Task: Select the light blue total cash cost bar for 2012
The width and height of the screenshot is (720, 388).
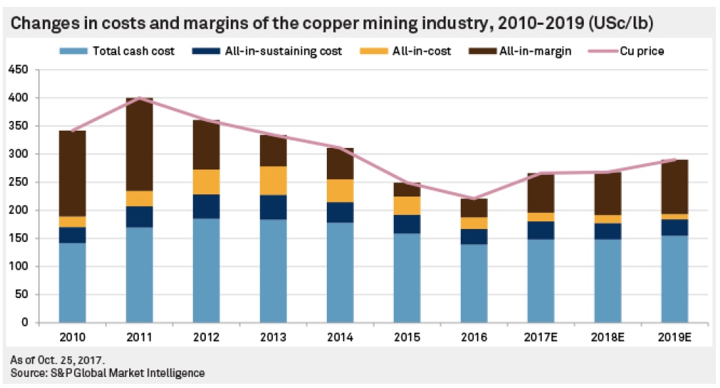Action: tap(206, 270)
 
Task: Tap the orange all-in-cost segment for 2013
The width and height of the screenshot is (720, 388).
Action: tap(273, 180)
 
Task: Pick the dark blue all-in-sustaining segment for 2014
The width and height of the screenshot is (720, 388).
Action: tap(340, 212)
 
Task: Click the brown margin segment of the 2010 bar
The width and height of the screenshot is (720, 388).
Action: tap(72, 173)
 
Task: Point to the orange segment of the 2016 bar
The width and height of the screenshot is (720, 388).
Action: tap(473, 223)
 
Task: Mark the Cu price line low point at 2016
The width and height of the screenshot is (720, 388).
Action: tap(473, 198)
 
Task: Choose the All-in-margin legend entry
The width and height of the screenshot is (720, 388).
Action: tap(525, 51)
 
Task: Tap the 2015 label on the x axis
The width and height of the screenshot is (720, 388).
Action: tap(407, 337)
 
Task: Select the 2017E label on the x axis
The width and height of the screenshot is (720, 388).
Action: tap(541, 337)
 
